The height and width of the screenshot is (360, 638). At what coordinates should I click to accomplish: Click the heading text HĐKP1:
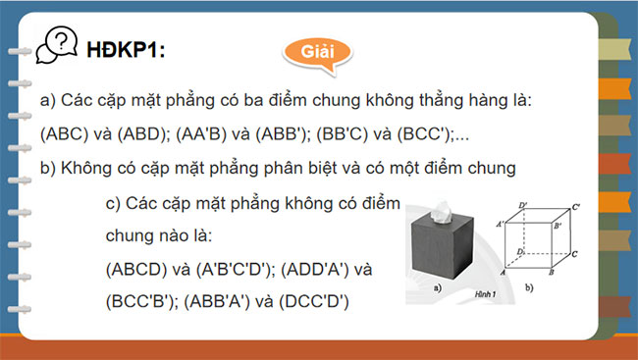[126, 48]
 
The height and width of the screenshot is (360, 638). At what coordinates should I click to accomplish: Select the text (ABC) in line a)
[64, 133]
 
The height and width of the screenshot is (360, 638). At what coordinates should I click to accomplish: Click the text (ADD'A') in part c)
[327, 268]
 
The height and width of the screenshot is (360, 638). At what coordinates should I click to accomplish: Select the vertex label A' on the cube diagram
[501, 225]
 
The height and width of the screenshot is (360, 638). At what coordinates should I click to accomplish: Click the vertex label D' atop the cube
[523, 205]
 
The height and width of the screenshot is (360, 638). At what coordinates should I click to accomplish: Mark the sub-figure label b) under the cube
[529, 288]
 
